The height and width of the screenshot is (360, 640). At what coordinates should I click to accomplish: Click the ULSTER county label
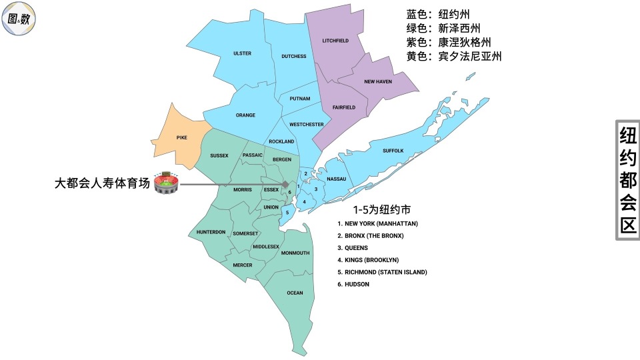[242, 53]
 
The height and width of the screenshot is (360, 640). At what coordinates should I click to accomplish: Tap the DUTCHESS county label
[293, 56]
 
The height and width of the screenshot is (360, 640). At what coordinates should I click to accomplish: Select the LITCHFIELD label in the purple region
[336, 41]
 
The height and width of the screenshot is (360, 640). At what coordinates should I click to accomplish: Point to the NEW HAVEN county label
[378, 81]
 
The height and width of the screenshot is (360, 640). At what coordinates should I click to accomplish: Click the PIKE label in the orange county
[181, 137]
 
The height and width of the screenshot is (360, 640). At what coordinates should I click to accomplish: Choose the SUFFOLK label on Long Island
[393, 151]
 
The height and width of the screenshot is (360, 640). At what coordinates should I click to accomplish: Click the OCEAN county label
[295, 293]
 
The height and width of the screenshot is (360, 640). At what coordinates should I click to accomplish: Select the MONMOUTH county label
[295, 253]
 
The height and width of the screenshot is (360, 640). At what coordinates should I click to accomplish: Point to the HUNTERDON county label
[211, 232]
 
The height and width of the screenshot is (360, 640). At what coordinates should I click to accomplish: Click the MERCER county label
[243, 265]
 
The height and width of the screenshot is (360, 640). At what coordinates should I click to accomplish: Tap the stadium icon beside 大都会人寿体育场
[166, 183]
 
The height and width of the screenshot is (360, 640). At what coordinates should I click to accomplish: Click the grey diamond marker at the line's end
[285, 184]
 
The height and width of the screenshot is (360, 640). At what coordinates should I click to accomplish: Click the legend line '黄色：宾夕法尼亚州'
[454, 57]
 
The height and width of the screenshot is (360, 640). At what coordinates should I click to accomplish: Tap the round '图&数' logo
[19, 19]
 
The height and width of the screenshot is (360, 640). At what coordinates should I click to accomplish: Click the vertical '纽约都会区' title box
[627, 180]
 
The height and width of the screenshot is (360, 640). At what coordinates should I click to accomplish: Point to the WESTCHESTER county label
[307, 125]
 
